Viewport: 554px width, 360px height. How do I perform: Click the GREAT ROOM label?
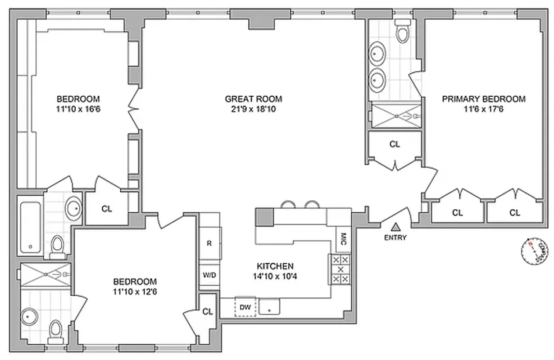(x=254, y=99)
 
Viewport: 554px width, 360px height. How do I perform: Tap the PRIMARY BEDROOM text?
(x=483, y=99)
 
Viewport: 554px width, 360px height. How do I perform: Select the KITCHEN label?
(x=275, y=266)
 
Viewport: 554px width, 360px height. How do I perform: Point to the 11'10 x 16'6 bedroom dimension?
(x=78, y=108)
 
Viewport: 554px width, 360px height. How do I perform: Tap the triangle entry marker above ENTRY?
(x=395, y=227)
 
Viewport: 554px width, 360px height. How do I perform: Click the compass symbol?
(x=535, y=250)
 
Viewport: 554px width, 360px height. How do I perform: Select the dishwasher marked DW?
(x=245, y=307)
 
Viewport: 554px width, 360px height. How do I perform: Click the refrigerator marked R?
(x=209, y=243)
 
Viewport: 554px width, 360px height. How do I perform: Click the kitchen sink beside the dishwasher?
(x=269, y=307)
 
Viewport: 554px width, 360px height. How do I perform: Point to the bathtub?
(x=31, y=227)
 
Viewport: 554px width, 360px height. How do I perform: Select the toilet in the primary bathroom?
(x=401, y=31)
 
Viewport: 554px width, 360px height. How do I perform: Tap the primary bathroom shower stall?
(x=395, y=116)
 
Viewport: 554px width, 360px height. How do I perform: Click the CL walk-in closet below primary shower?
(x=395, y=144)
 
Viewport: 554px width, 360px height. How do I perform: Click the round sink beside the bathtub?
(x=74, y=208)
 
